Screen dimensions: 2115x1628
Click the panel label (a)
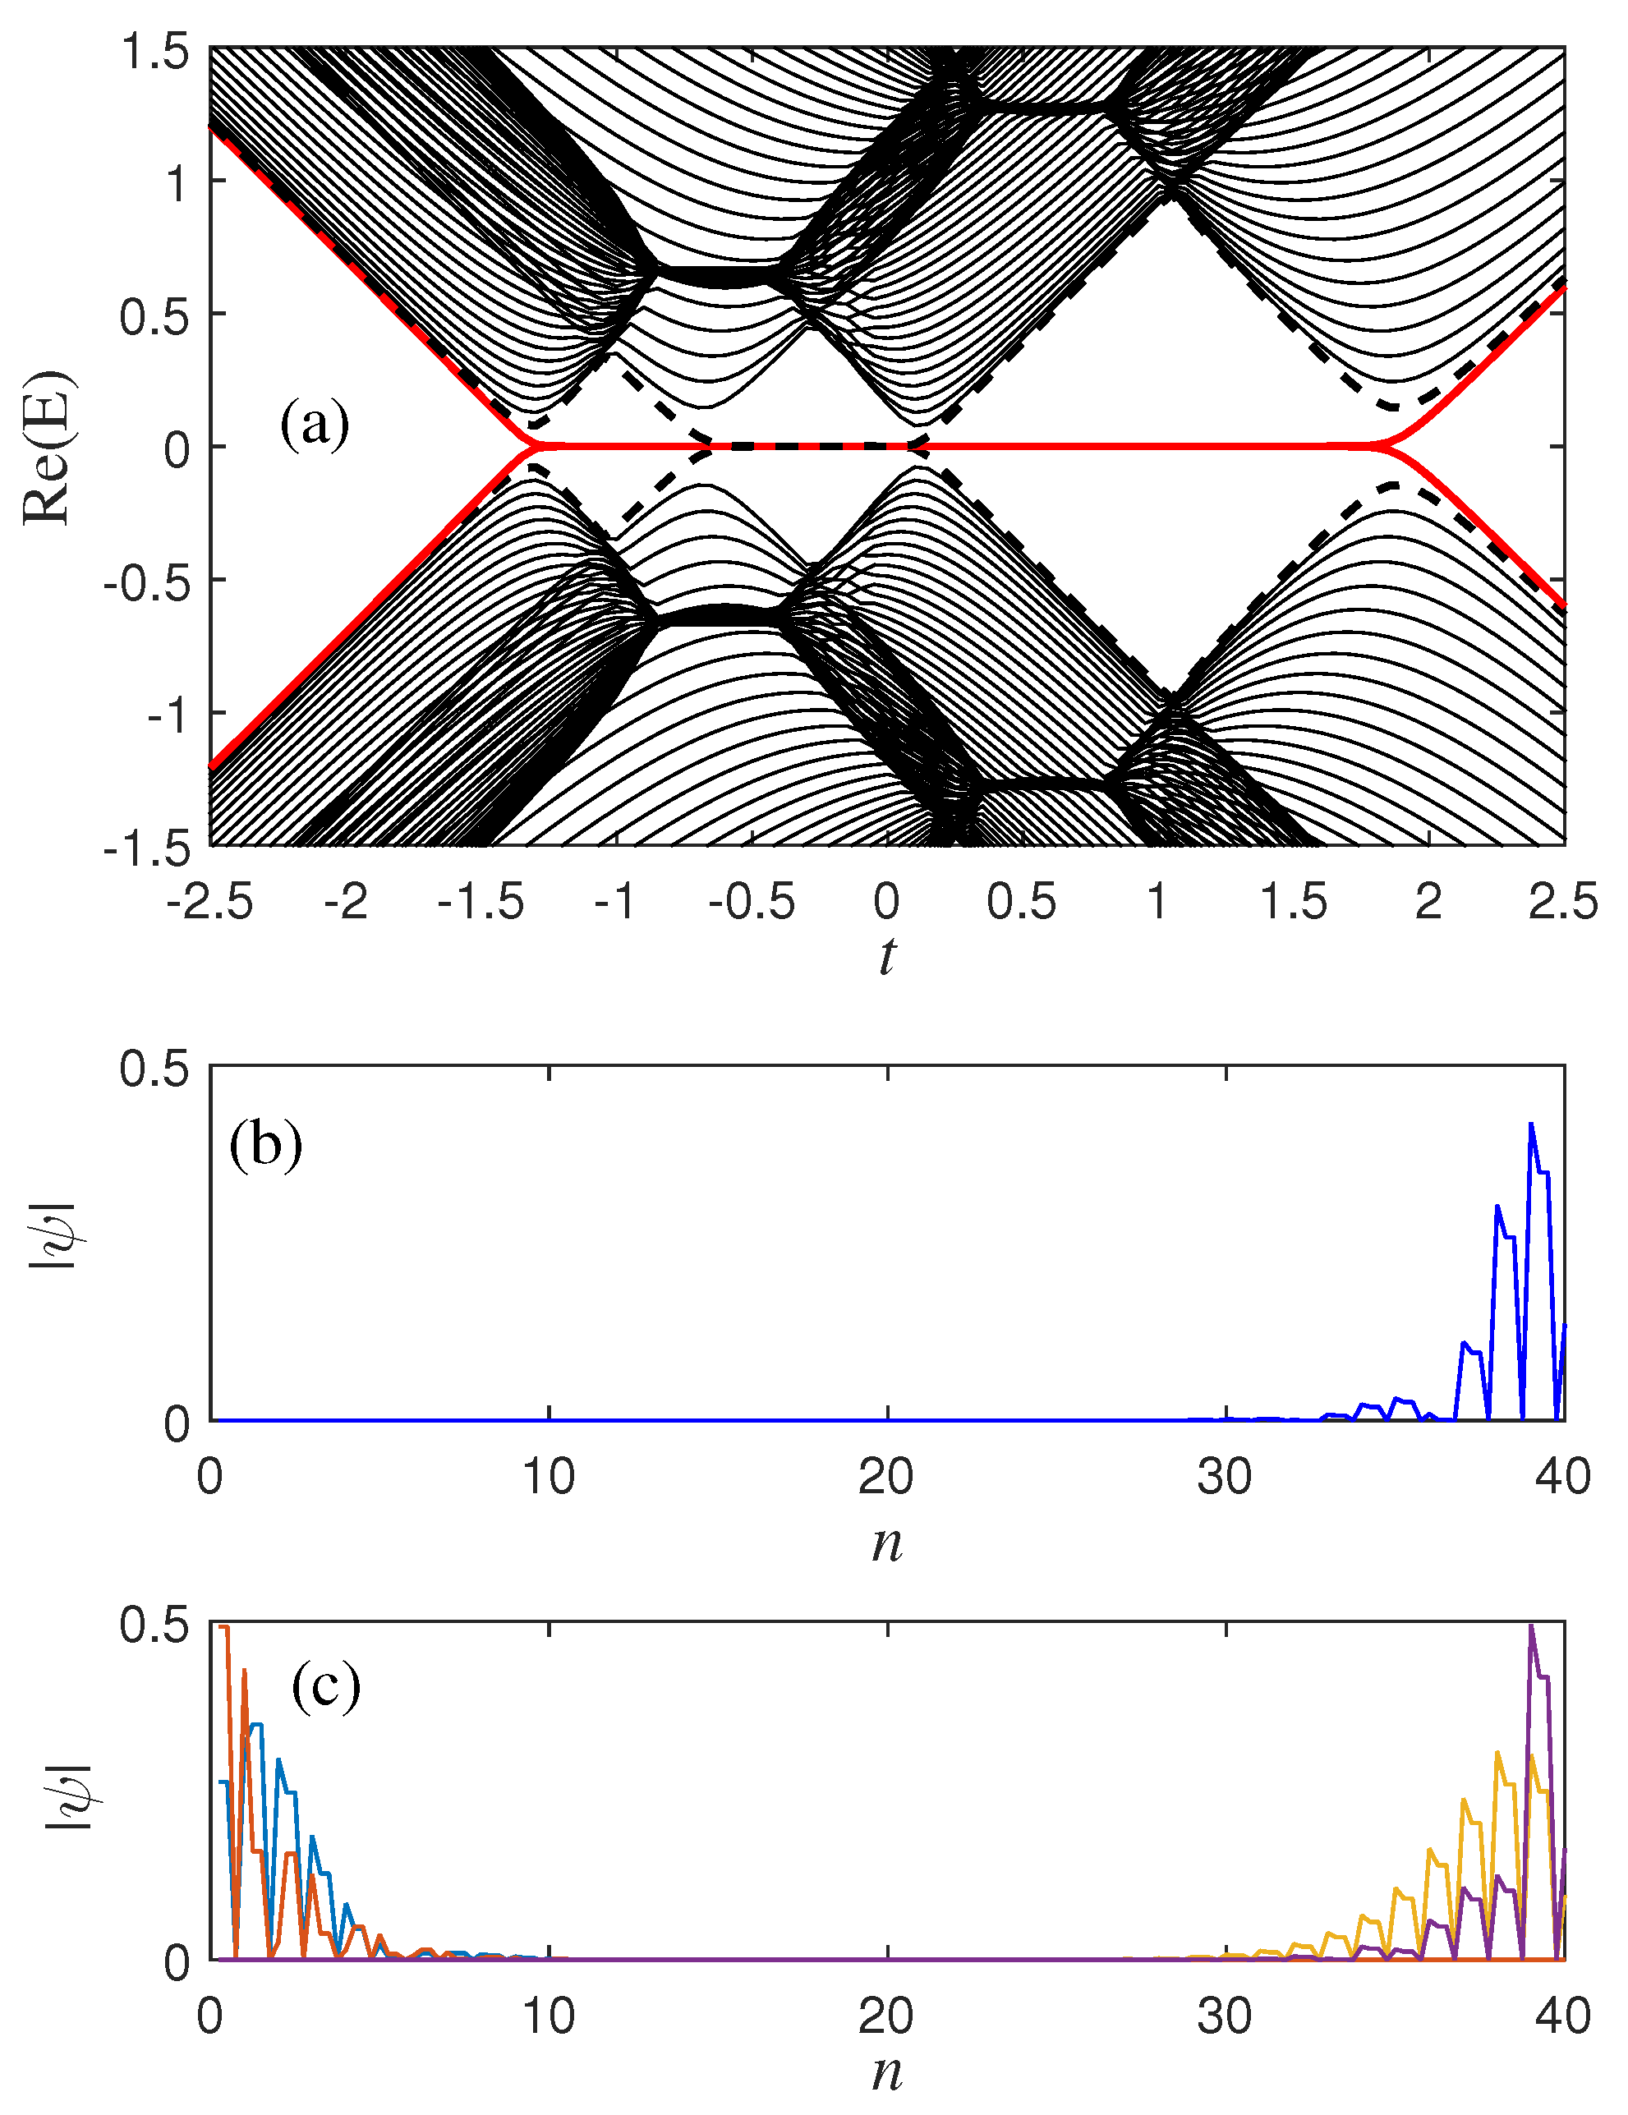point(314,424)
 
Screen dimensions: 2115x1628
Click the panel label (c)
point(325,1686)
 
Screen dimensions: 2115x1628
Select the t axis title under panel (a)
point(886,956)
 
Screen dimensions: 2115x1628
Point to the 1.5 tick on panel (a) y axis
point(155,50)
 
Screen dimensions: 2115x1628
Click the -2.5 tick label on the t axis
point(209,903)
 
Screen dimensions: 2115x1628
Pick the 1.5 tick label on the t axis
point(1292,903)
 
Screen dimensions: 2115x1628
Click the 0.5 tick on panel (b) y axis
point(155,1069)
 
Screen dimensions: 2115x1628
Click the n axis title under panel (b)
point(886,1543)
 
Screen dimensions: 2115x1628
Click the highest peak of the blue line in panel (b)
point(1531,1124)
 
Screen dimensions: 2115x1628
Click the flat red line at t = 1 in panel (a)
point(1157,447)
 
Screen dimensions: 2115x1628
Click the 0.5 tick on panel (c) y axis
point(155,1627)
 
